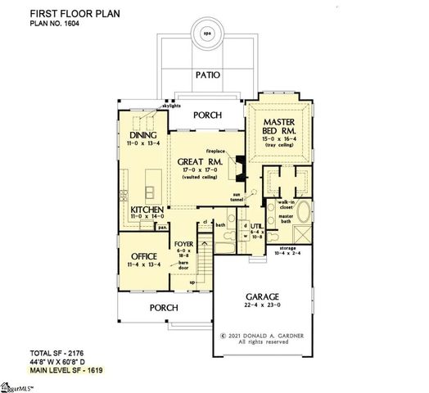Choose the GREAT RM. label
(x=196, y=162)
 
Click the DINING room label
(x=143, y=136)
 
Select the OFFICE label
(x=142, y=255)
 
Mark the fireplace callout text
(x=216, y=150)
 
